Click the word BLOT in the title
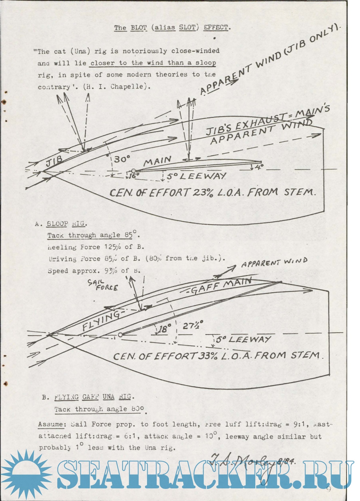click(139, 27)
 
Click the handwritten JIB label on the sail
click(54, 161)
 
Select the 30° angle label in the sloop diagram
click(122, 159)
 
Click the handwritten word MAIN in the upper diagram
click(157, 161)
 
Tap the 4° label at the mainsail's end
click(259, 166)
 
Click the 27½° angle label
click(193, 325)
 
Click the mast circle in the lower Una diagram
click(120, 335)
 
